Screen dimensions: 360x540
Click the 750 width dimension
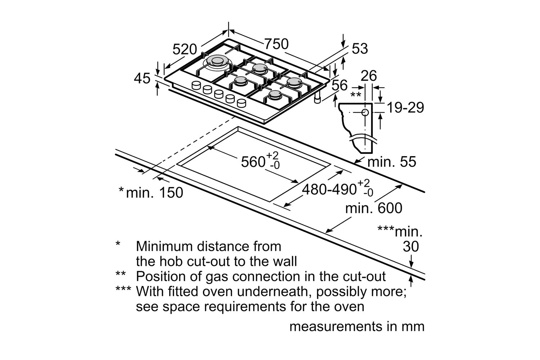click(x=276, y=44)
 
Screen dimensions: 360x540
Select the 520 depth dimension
click(x=185, y=49)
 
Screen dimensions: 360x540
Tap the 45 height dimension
click(x=142, y=78)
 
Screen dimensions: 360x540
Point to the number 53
click(x=360, y=49)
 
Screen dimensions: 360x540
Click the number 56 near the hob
click(x=339, y=85)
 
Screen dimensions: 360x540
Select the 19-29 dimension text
click(x=405, y=107)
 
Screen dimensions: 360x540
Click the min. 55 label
click(x=391, y=162)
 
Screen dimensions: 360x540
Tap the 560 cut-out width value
click(x=253, y=162)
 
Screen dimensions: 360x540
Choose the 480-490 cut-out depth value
click(x=329, y=189)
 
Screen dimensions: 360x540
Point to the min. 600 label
click(x=374, y=208)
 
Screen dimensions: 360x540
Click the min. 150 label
click(x=154, y=193)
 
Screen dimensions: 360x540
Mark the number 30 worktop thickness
click(x=411, y=247)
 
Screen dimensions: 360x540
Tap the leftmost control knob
click(x=196, y=85)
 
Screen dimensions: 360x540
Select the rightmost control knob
click(x=242, y=103)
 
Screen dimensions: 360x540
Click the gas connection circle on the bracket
click(x=365, y=112)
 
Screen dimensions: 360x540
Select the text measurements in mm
click(x=357, y=327)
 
